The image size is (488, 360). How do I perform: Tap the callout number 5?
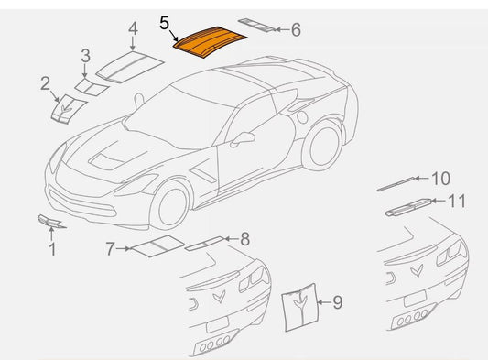click(164, 22)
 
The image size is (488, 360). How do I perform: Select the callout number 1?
click(52, 247)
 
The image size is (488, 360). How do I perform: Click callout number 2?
click(45, 84)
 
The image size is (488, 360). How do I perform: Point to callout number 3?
click(85, 56)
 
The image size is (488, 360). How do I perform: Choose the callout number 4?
click(133, 28)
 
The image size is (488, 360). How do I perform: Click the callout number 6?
click(296, 29)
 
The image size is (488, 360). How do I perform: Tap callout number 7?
click(110, 247)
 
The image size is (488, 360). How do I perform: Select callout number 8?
click(244, 240)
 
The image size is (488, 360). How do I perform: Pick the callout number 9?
click(337, 301)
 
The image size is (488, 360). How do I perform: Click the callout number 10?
click(441, 178)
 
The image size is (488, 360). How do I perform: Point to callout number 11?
click(457, 200)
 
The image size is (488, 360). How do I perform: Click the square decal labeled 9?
click(298, 301)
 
